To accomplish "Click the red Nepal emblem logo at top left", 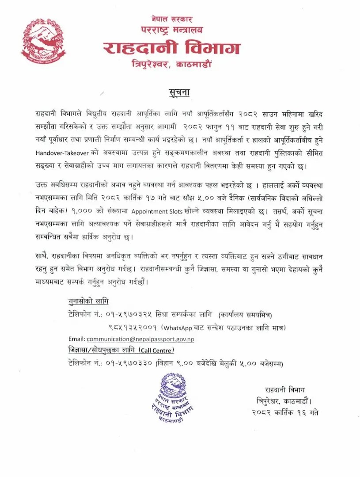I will tap(43, 40).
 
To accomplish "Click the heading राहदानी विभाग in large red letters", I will tap(171, 48).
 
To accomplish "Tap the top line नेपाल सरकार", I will tap(171, 19).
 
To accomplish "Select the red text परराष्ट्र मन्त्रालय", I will tap(171, 30).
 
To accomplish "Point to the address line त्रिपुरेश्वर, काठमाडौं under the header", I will tap(172, 64).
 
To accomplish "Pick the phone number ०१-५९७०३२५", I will tap(129, 315).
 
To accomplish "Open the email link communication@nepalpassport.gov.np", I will tap(140, 339).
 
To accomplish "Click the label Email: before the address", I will tap(76, 339).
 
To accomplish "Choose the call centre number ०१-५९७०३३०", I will tap(129, 363).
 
